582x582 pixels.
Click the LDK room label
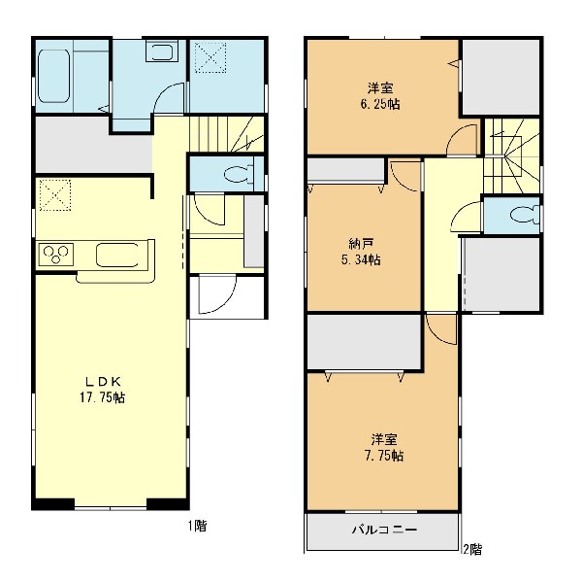point(103,381)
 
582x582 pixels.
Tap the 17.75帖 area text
point(103,397)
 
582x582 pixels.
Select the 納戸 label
point(361,244)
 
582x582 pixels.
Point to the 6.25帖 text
point(380,104)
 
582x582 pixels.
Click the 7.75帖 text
point(384,456)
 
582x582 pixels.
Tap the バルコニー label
point(384,530)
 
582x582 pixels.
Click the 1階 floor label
point(197,526)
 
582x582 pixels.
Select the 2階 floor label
point(472,549)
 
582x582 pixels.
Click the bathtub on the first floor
point(53,76)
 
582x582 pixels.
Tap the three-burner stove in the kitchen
point(55,255)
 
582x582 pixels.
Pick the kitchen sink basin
point(117,255)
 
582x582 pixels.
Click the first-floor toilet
point(239,174)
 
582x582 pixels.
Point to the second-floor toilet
point(525,215)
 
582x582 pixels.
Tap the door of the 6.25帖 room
point(462,140)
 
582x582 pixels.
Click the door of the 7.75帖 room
point(441,329)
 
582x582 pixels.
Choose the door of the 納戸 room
point(405,176)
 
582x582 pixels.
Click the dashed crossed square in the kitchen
point(55,195)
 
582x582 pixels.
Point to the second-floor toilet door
point(467,217)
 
